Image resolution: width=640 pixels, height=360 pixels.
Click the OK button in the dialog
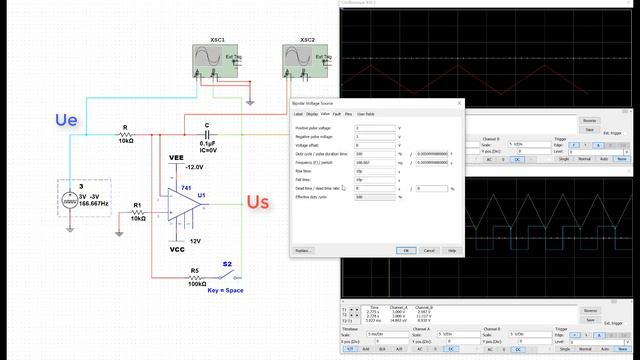[407, 250]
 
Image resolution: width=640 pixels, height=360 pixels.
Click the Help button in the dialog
[452, 250]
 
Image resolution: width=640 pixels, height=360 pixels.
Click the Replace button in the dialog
[304, 250]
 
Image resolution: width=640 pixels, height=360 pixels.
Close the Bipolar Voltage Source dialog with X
[459, 103]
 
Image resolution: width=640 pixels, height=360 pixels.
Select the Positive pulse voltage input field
[375, 128]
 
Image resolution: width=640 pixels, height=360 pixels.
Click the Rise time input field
[375, 170]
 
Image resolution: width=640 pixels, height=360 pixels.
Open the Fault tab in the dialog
[336, 114]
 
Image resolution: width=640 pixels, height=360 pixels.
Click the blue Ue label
[66, 120]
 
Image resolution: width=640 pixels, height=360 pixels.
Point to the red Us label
[258, 203]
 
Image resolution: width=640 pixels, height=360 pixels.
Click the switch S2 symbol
[226, 279]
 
